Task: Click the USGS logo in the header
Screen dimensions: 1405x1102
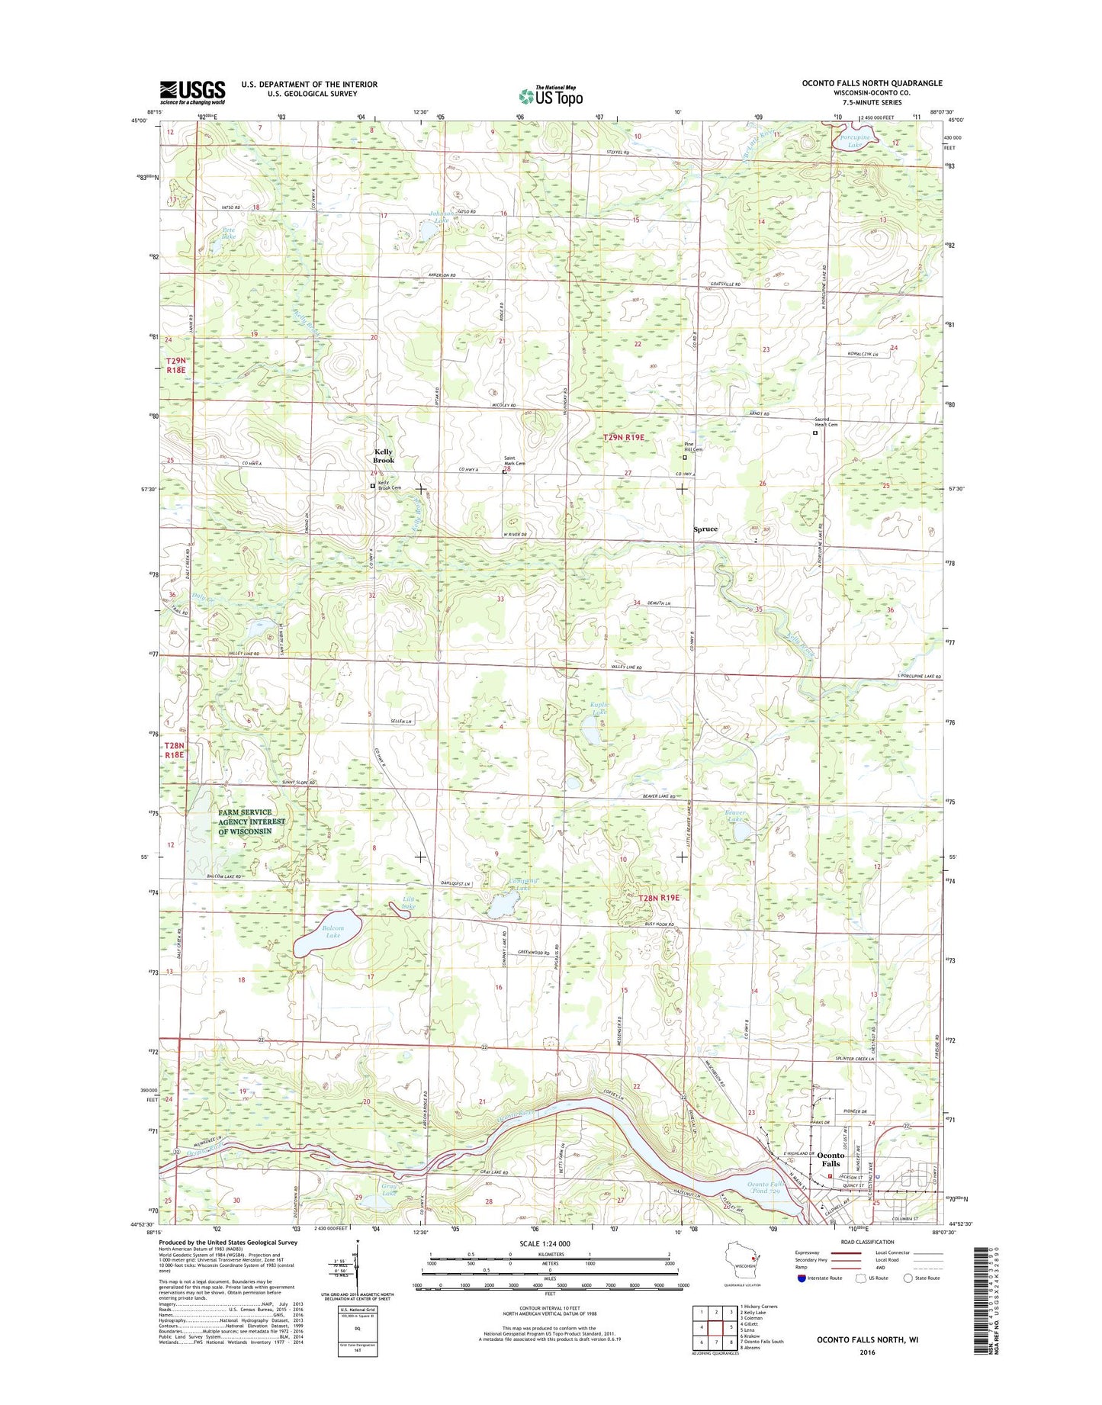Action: pos(192,92)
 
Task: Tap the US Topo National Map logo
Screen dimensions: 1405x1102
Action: pos(551,95)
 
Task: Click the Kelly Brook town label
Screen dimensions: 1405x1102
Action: pos(384,456)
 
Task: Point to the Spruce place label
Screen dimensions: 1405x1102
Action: pos(705,529)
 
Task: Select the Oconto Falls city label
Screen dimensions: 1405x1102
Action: pos(830,1159)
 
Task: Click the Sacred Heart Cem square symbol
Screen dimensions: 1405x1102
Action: pos(814,433)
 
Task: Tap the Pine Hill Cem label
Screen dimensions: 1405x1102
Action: pos(692,447)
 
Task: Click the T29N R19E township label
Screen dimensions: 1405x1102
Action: pos(624,438)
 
